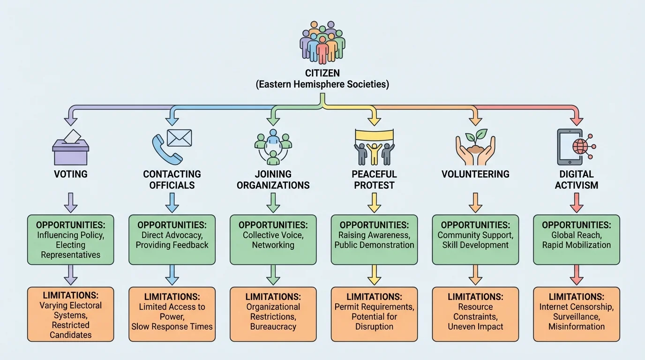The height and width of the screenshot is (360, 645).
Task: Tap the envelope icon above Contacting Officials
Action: pos(180,137)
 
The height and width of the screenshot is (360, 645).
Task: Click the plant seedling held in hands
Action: pos(476,141)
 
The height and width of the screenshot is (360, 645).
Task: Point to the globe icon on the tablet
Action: pos(580,146)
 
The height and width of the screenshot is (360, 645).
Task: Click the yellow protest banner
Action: pos(374,136)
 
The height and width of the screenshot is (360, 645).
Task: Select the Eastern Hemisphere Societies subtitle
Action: pos(322,85)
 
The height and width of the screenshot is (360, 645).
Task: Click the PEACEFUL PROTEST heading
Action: pos(374,180)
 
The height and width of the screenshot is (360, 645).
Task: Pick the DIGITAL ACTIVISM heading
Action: pos(577,180)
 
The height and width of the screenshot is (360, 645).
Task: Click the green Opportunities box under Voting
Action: pos(71,240)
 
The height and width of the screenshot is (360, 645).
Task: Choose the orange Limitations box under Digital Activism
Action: pos(577,314)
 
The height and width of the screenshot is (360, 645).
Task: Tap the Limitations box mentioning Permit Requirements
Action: pos(374,314)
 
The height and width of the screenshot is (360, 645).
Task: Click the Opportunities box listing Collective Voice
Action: pos(273,240)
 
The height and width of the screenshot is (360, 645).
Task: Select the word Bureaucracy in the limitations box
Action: pos(273,326)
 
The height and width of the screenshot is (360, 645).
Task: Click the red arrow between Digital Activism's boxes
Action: pos(577,275)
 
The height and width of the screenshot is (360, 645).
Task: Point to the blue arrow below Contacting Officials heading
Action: pos(172,202)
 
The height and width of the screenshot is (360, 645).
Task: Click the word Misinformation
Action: pos(577,326)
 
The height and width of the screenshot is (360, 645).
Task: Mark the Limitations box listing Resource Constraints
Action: pos(475,314)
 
